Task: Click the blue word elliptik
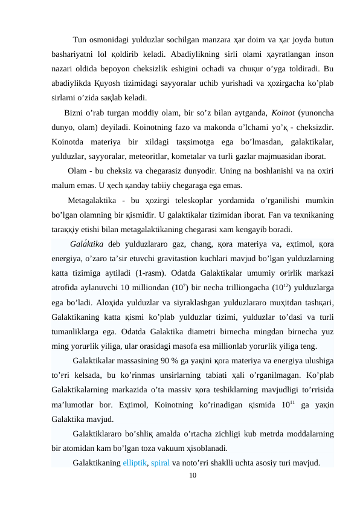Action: [135, 463]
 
